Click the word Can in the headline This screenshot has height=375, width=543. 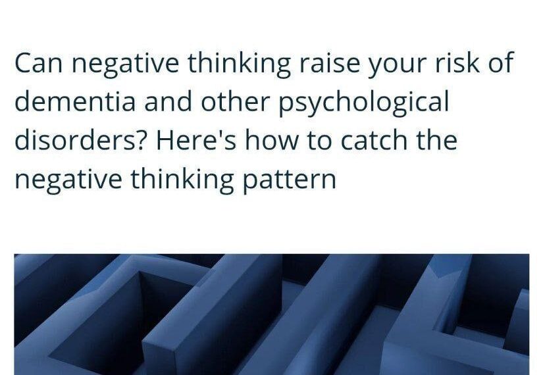pyautogui.click(x=38, y=63)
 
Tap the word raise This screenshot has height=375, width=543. pyautogui.click(x=329, y=63)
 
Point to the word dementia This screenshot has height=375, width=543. pyautogui.click(x=75, y=101)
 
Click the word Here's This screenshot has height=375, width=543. pyautogui.click(x=197, y=140)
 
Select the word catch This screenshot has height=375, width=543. pyautogui.click(x=374, y=140)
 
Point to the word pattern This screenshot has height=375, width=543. pyautogui.click(x=289, y=180)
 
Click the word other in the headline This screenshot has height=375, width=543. pyautogui.click(x=235, y=101)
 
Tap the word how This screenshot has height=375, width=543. pyautogui.click(x=272, y=140)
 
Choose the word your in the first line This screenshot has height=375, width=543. pyautogui.click(x=397, y=65)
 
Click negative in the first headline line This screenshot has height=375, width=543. pyautogui.click(x=125, y=65)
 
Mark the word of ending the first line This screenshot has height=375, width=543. pyautogui.click(x=501, y=63)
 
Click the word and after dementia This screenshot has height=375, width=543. pyautogui.click(x=168, y=101)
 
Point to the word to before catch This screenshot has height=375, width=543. pyautogui.click(x=320, y=141)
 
